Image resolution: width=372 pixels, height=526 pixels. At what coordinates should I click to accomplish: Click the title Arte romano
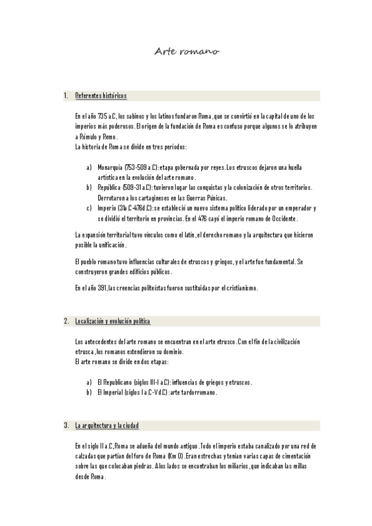tap(186, 53)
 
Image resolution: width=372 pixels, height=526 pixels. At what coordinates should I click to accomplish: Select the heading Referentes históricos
tap(101, 96)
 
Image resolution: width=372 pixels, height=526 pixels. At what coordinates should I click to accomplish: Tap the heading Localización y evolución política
tap(112, 321)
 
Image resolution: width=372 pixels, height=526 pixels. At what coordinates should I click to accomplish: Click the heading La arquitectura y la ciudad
tap(107, 426)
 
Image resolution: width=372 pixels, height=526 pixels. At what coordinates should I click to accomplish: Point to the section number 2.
tap(66, 321)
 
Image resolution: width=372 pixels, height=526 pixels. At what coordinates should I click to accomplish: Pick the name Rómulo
tap(90, 136)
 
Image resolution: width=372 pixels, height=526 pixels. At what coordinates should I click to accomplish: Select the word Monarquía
tap(110, 167)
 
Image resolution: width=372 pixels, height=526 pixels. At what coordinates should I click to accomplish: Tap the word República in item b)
tap(110, 187)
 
